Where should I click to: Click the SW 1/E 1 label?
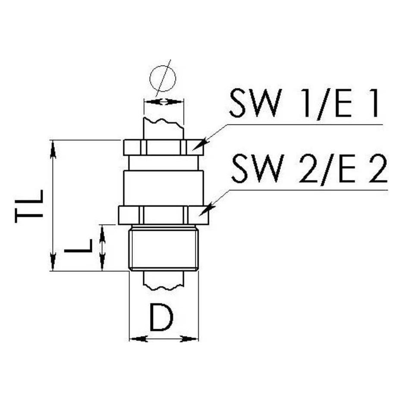point(304,103)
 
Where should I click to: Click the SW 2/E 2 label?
point(309,169)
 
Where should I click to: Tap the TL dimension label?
point(29,206)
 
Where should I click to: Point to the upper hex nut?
point(163,148)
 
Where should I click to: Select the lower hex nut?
point(163,215)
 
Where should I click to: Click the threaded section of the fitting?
point(163,248)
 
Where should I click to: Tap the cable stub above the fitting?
point(163,129)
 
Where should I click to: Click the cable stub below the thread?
point(163,280)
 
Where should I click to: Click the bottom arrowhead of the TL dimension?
point(53,261)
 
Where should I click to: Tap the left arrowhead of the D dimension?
point(138,339)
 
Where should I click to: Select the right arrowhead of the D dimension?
point(189,339)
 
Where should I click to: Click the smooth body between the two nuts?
point(163,188)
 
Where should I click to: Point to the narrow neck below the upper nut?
point(163,163)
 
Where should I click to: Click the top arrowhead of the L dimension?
point(103,234)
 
